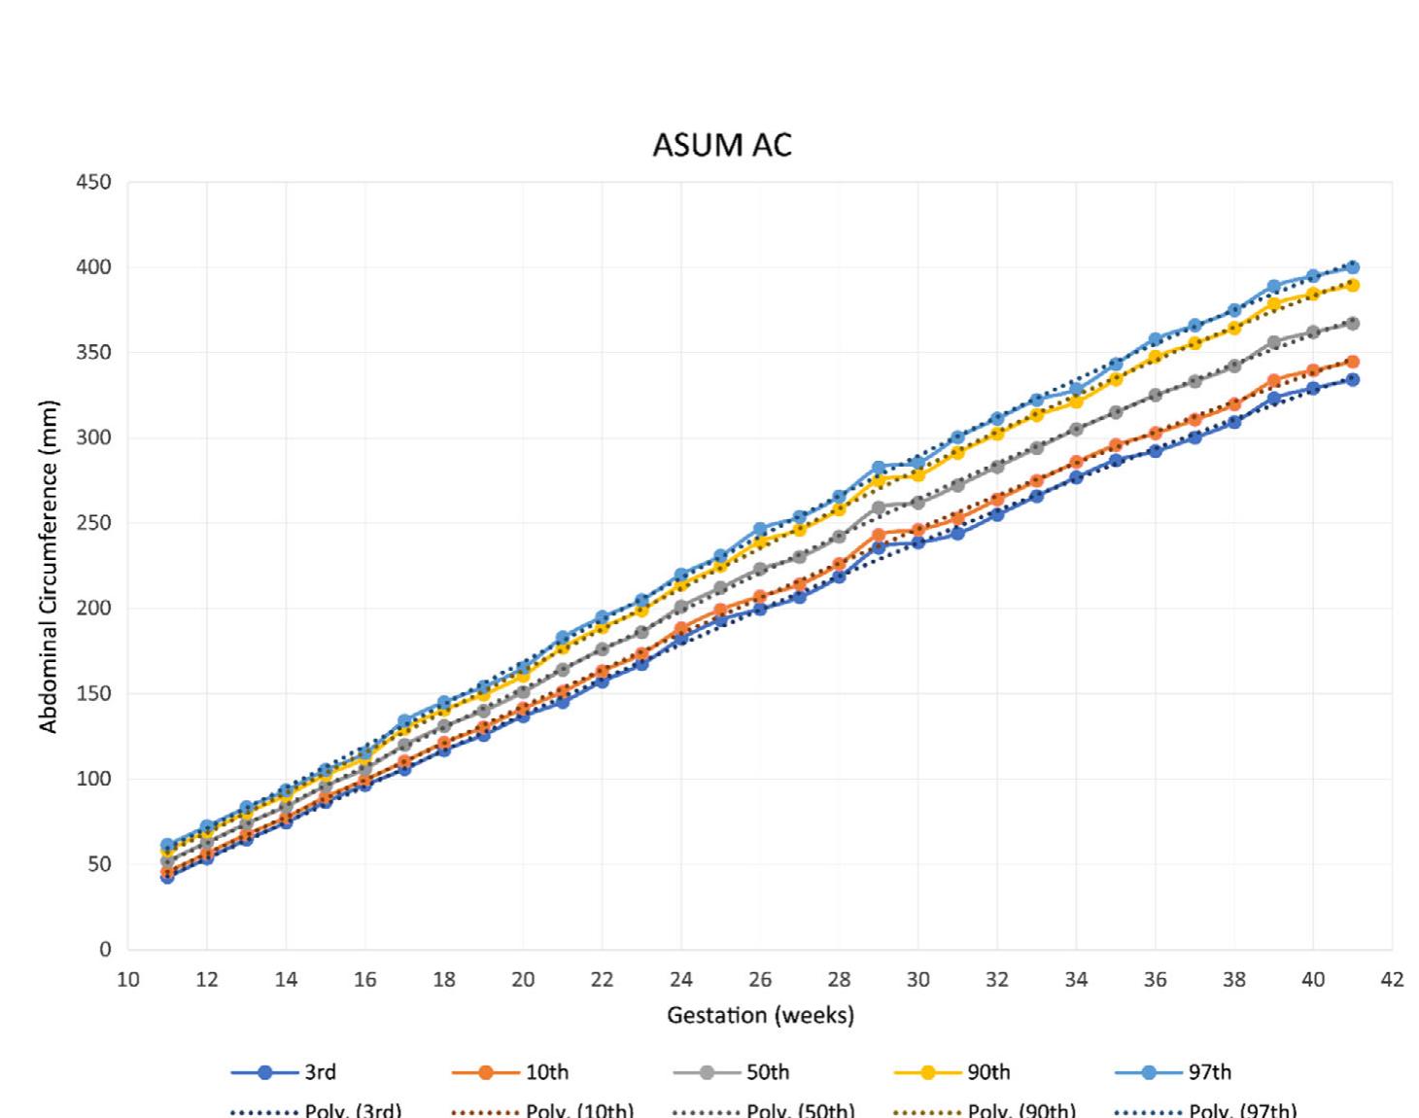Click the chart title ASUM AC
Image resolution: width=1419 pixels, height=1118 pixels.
pyautogui.click(x=722, y=145)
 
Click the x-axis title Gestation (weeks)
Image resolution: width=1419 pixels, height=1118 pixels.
pyautogui.click(x=760, y=1016)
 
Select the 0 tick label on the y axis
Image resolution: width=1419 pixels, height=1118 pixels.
pyautogui.click(x=105, y=950)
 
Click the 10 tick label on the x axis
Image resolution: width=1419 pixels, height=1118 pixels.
pyautogui.click(x=127, y=980)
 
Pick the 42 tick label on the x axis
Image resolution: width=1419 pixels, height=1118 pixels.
pyautogui.click(x=1392, y=980)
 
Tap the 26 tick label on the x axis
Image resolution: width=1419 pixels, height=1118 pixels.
pyautogui.click(x=760, y=980)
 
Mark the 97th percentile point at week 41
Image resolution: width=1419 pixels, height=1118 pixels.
pyautogui.click(x=1352, y=266)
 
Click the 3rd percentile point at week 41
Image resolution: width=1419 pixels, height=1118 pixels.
pyautogui.click(x=1352, y=380)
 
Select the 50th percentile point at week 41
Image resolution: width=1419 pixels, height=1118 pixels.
pyautogui.click(x=1352, y=323)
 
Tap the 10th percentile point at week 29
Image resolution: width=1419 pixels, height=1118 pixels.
pyautogui.click(x=879, y=535)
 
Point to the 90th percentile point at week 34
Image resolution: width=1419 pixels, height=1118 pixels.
pyautogui.click(x=1076, y=402)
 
